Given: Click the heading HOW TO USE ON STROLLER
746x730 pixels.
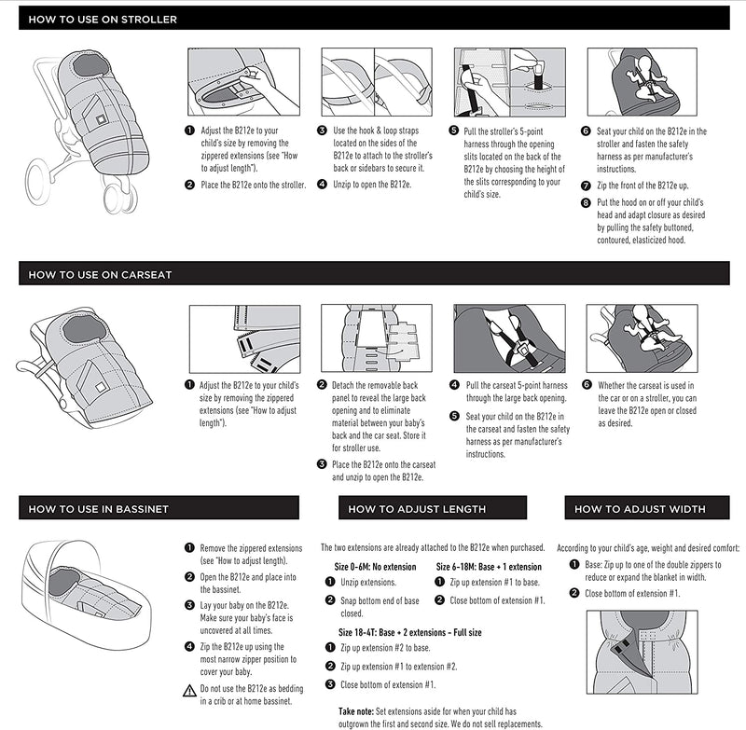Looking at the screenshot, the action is pos(103,20).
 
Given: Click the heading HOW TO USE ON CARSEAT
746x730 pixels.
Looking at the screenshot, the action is pos(100,274).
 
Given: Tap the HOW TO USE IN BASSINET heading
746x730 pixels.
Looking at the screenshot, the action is pos(99,509).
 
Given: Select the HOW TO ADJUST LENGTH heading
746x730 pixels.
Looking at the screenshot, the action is pos(417,509).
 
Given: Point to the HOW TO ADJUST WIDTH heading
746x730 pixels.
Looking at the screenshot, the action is pos(640,509).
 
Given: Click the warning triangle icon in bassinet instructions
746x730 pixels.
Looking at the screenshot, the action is pos(189,691).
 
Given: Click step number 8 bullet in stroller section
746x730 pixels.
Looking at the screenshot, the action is pos(586,202).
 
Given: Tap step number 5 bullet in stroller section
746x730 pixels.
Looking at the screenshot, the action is pos(453,131).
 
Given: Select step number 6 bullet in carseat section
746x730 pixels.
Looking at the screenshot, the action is pos(587,385).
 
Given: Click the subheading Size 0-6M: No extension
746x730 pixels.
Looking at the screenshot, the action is pos(375,567).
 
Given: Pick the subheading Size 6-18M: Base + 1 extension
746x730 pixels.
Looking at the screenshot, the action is pos(489,567).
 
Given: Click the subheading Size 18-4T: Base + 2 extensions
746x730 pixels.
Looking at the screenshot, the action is pos(409,632).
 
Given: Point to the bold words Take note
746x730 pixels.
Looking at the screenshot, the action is pos(356,711).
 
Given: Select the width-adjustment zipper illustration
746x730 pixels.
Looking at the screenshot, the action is pos(642,652).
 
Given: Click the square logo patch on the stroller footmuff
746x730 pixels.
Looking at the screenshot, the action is pos(101,119).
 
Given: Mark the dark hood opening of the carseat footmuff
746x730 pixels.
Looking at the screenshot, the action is pos(84,329).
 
